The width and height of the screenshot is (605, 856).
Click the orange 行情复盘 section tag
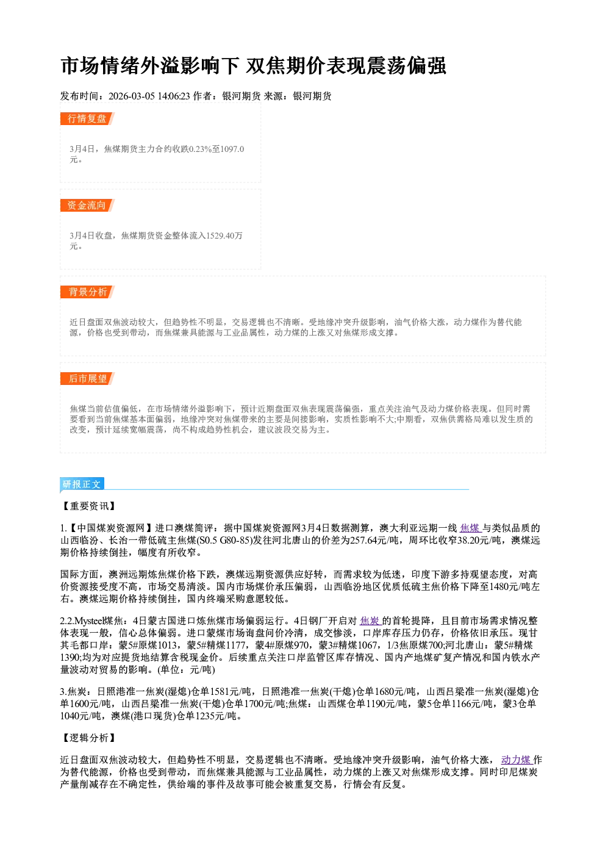tap(87, 118)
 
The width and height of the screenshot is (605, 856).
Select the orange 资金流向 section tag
tap(87, 205)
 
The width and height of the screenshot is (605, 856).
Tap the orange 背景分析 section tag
tap(87, 292)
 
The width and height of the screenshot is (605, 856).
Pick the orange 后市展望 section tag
tap(87, 379)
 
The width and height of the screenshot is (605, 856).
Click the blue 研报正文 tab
tap(82, 484)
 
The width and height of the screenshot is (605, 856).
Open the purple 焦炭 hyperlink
tap(370, 620)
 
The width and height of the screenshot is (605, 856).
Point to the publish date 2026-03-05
tap(132, 96)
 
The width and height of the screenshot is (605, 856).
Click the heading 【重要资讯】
tap(88, 506)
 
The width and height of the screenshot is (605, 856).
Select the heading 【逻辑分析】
tap(88, 738)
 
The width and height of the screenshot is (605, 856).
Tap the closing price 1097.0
tap(232, 149)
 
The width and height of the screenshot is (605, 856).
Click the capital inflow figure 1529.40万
tap(224, 236)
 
